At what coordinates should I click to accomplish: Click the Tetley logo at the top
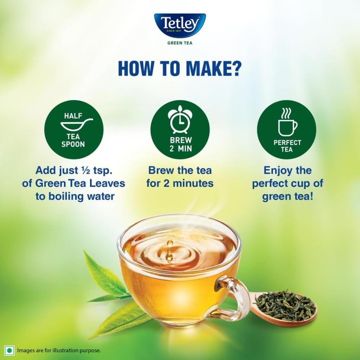click(180, 25)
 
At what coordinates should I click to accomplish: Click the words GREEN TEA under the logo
click(180, 43)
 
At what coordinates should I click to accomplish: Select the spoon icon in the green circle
click(76, 124)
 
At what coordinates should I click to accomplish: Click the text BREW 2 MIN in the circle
click(181, 144)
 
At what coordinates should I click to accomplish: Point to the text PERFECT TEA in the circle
click(287, 146)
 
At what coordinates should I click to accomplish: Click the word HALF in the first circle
click(73, 116)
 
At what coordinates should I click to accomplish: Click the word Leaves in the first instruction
click(107, 184)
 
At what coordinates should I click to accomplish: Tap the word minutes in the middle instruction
click(195, 184)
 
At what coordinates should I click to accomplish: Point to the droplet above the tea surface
click(170, 243)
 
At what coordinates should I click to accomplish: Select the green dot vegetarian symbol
click(9, 350)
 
